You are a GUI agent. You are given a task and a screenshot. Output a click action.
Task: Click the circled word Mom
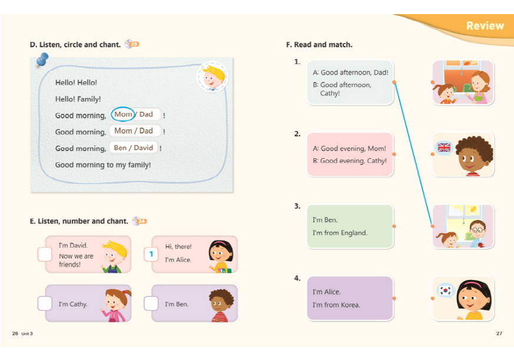[x=123, y=115]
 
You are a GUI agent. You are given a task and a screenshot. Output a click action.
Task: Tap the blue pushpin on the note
[x=42, y=59]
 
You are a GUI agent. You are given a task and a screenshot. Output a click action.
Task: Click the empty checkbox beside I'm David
[x=45, y=254]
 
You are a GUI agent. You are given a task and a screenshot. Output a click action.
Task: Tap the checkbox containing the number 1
[x=151, y=254]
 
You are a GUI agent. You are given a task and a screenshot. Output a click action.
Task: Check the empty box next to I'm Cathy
[x=45, y=304]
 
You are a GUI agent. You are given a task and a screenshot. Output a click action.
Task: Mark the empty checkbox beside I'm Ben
[x=151, y=304]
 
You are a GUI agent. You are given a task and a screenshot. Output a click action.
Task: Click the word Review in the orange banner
[x=485, y=26]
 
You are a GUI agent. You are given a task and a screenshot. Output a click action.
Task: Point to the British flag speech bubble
[x=444, y=148]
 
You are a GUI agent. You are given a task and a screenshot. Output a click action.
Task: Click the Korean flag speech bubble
[x=446, y=290]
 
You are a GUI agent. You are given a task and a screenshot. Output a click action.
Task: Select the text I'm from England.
[x=340, y=233]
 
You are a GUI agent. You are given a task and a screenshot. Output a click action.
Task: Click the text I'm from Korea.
[x=336, y=305]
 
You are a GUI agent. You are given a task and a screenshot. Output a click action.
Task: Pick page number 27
[x=499, y=334]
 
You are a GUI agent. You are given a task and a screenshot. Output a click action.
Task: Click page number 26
[x=15, y=334]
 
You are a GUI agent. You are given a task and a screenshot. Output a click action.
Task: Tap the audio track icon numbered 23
[x=132, y=44]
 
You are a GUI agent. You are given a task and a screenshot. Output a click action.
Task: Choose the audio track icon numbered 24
[x=140, y=221]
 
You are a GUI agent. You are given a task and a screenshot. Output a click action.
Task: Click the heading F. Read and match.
[x=319, y=45]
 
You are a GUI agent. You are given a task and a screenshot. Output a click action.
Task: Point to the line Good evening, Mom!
[x=349, y=149]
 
